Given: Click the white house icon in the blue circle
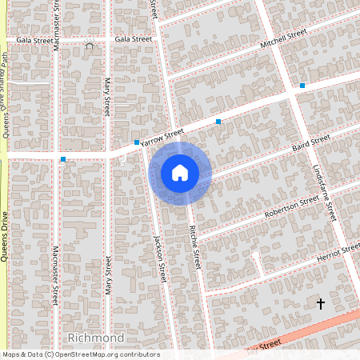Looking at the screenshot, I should coord(179,172).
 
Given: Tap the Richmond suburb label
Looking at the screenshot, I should coord(96,338).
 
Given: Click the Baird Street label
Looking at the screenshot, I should coord(310,144).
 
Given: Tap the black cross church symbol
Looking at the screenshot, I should coord(321,304).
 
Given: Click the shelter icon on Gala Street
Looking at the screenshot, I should coord(89,46).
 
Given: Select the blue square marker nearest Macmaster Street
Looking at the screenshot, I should coord(63,159).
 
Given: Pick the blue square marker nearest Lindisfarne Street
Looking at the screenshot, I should coord(302,85).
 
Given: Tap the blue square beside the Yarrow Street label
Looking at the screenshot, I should coord(137,142).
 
